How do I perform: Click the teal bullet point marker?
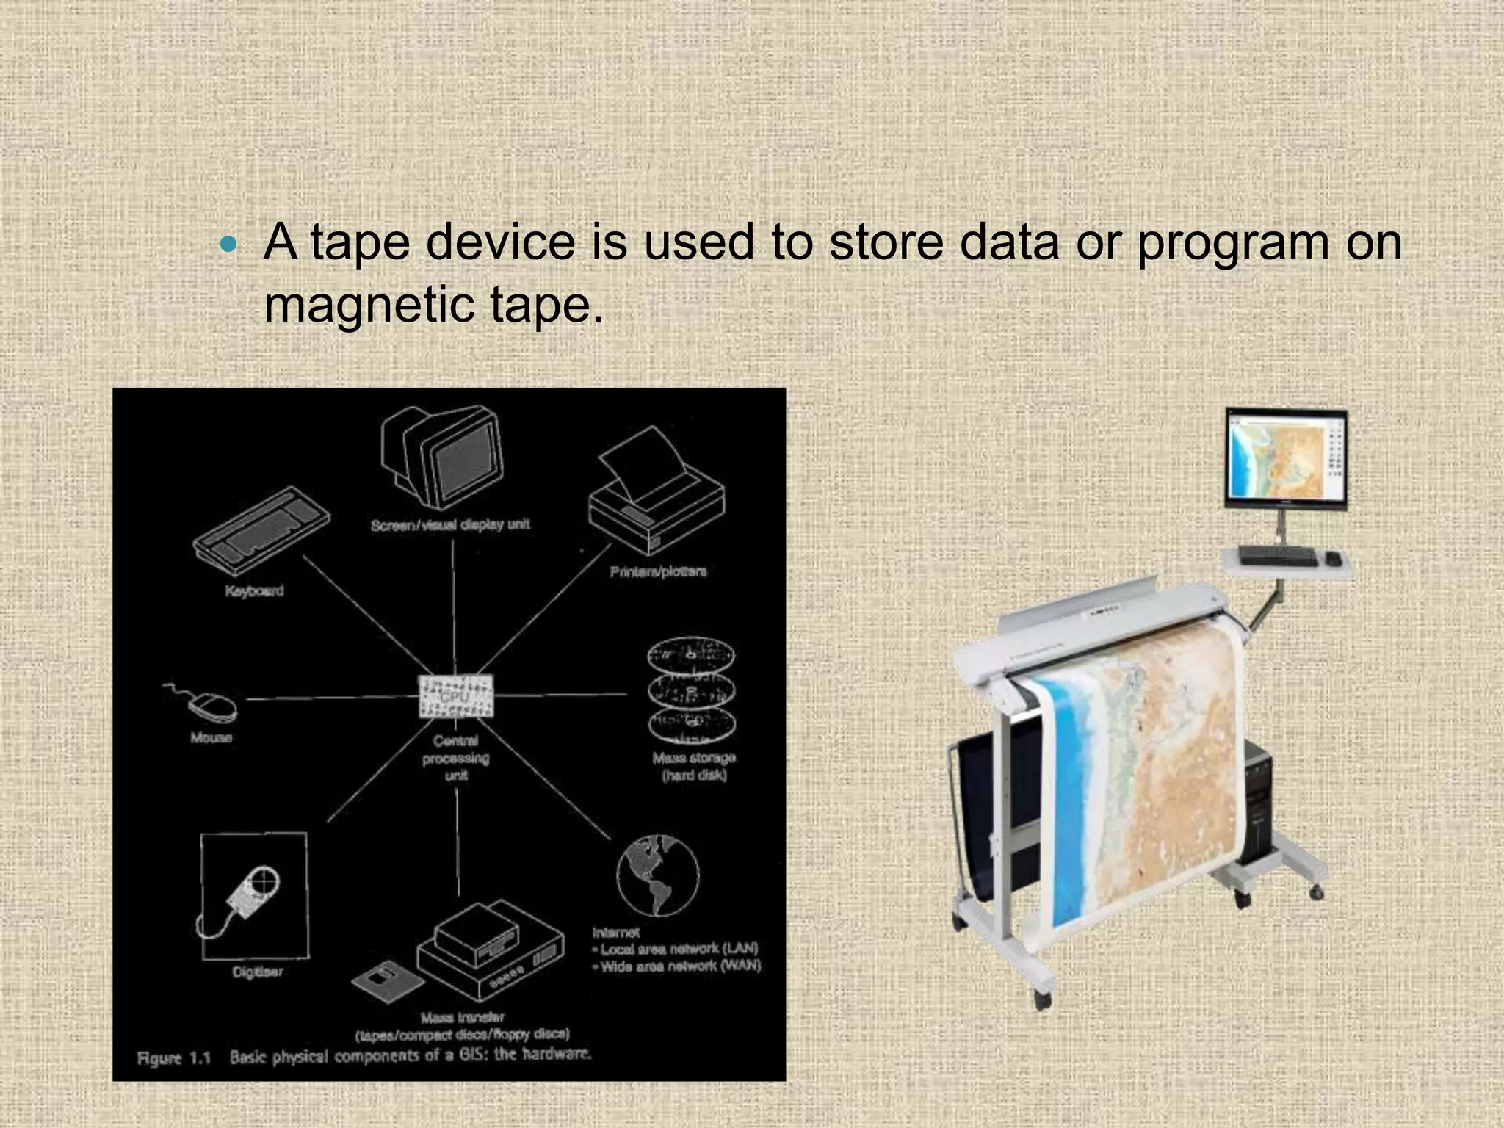point(229,245)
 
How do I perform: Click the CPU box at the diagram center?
point(455,695)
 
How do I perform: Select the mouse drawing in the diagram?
point(211,706)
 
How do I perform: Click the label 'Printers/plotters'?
point(658,571)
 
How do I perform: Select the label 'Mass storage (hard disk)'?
point(694,766)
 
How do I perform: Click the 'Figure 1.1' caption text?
point(174,1058)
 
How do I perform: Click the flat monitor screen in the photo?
point(1285,460)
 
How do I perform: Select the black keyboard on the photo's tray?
point(1278,556)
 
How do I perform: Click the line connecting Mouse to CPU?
point(330,698)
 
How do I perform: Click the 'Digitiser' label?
point(257,972)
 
